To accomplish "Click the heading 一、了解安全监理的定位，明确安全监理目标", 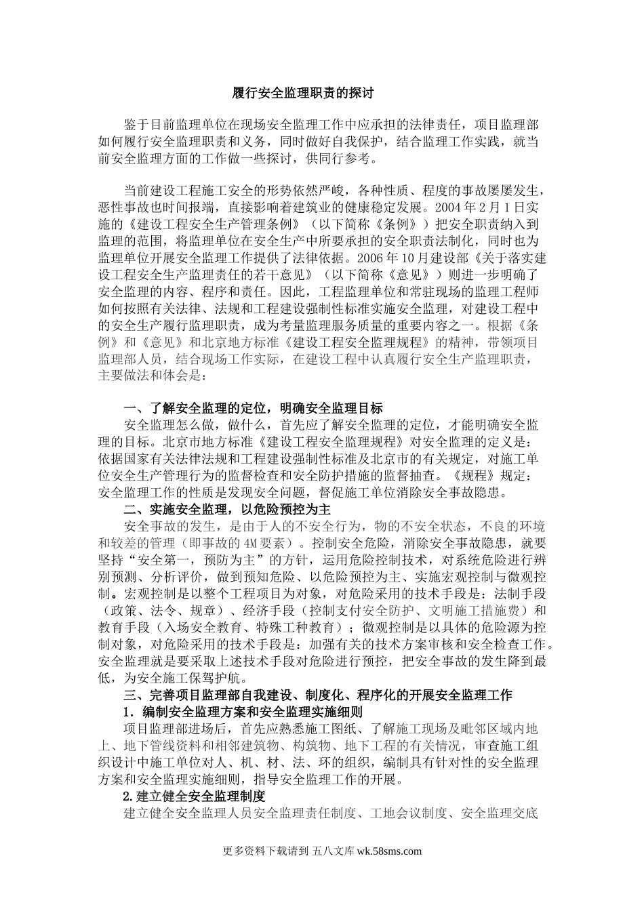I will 254,408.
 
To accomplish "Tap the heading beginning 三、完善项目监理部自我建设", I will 318,695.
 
